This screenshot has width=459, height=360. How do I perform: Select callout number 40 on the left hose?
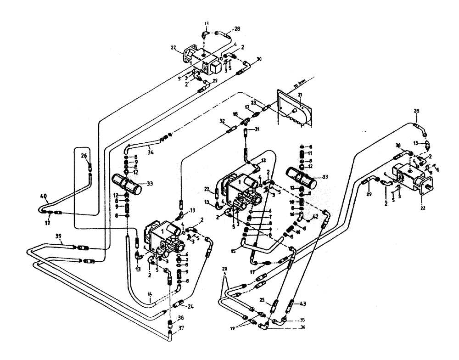pos(43,196)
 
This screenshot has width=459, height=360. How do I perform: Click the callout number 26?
pos(84,155)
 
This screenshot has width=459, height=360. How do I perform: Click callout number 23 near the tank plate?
pos(252,103)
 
